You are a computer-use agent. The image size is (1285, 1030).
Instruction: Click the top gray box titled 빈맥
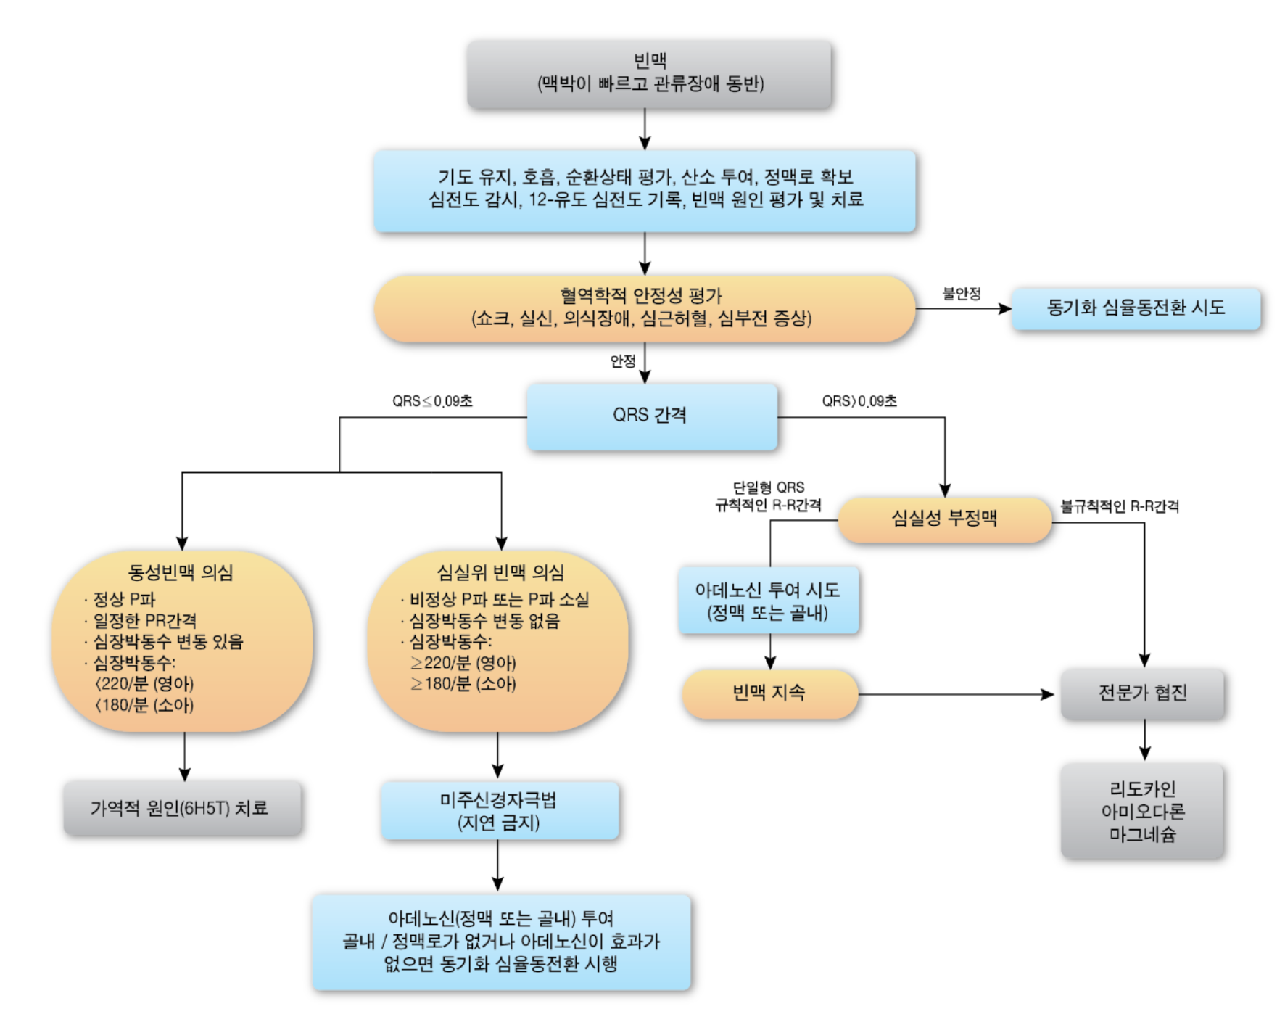point(649,74)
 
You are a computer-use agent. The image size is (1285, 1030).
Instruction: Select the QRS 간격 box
point(651,416)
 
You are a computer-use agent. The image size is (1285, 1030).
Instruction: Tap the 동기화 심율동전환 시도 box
point(1135,308)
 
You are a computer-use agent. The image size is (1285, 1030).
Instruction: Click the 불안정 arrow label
point(961,294)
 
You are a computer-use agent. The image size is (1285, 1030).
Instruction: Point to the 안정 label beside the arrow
point(623,361)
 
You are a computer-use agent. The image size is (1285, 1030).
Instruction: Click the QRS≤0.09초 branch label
point(432,401)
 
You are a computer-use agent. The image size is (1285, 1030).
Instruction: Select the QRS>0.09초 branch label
point(859,401)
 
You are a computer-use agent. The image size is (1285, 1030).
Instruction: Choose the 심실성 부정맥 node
point(944,519)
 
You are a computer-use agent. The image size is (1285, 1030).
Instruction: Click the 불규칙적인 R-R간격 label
point(1119,506)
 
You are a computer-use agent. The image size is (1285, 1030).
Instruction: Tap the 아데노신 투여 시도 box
point(768,601)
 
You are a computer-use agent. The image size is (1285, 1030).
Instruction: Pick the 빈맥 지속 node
point(769,693)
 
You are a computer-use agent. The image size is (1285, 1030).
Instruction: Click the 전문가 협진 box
point(1142,693)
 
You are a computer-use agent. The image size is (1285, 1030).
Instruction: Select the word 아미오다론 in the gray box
point(1142,812)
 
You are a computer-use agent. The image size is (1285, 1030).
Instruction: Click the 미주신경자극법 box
point(499,810)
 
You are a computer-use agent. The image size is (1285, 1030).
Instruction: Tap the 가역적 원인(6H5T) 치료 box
point(181,808)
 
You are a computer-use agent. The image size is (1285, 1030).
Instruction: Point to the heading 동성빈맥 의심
point(181,573)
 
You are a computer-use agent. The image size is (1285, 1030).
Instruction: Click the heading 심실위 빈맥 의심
point(500,573)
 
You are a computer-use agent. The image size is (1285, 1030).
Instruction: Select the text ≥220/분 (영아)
point(463,663)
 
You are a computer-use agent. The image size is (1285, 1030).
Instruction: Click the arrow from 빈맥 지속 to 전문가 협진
point(957,694)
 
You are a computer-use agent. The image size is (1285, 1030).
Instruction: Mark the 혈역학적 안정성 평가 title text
point(641,295)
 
